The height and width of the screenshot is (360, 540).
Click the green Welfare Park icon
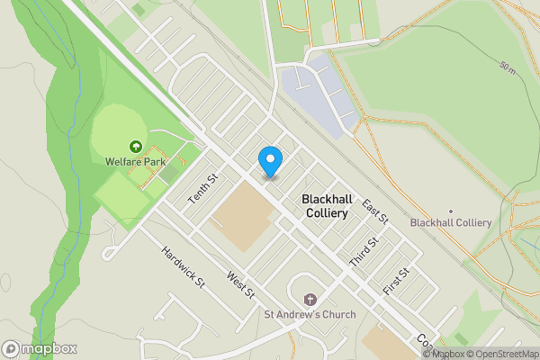click(135, 146)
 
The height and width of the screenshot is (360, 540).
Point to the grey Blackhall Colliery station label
click(450, 222)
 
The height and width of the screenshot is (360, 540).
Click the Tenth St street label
click(202, 187)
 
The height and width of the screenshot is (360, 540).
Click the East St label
click(374, 211)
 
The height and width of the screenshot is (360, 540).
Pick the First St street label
click(396, 281)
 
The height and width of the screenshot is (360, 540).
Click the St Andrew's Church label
click(310, 314)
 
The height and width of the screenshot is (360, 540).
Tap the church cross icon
click(310, 299)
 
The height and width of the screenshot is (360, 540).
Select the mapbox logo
click(40, 349)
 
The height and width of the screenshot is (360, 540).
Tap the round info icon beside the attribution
click(427, 354)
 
